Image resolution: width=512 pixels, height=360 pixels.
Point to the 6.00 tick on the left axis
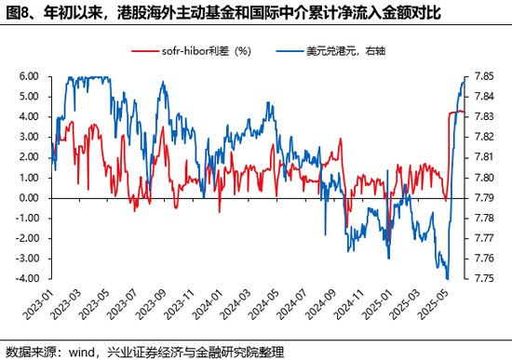[27, 76]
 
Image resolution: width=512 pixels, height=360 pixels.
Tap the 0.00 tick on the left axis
[27, 198]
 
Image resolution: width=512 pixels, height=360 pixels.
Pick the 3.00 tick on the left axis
[27, 137]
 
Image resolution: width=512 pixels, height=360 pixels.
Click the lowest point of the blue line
[447, 278]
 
